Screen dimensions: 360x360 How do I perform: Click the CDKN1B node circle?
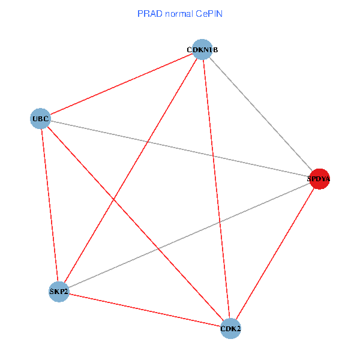(203, 49)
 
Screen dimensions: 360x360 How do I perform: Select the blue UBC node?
(40, 119)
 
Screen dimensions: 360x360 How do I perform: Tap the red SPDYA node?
(319, 179)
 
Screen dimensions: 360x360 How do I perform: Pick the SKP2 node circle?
(59, 292)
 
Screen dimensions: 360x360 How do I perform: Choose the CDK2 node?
(231, 328)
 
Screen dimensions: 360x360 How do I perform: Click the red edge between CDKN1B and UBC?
(121, 84)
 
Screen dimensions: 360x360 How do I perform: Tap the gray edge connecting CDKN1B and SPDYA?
(261, 114)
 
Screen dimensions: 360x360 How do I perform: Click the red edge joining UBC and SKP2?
(49, 205)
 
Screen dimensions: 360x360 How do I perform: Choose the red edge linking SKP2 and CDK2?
(145, 310)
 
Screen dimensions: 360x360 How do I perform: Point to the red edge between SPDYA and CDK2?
(275, 254)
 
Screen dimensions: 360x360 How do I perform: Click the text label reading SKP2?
(59, 292)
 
